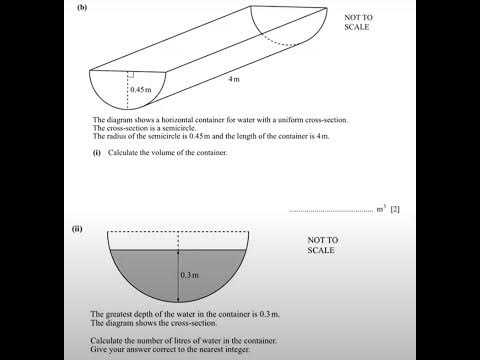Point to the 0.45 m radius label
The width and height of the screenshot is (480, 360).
click(140, 90)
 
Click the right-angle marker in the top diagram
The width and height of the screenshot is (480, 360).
click(131, 74)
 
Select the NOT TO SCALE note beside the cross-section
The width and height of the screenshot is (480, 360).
click(323, 245)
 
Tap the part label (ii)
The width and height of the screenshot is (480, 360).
click(77, 229)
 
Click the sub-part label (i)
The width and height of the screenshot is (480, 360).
click(98, 152)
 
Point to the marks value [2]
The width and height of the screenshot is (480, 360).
click(395, 209)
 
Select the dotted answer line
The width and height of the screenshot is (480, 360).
click(329, 211)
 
